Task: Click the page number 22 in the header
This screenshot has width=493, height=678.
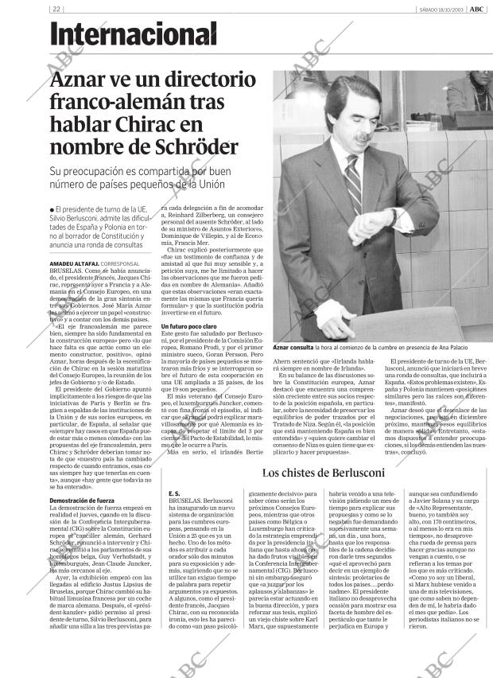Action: point(56,9)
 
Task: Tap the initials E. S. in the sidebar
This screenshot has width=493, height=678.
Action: point(173,493)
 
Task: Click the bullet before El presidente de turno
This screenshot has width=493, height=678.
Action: point(52,208)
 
